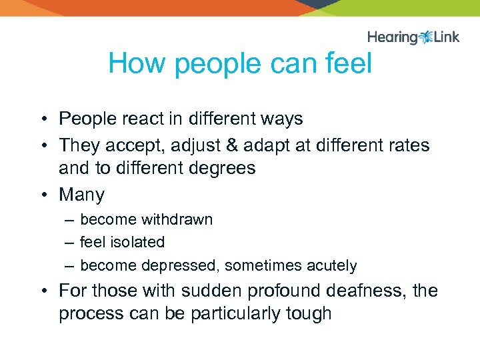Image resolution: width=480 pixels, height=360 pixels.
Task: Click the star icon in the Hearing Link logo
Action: tap(426, 37)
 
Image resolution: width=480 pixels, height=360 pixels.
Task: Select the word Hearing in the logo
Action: tap(393, 37)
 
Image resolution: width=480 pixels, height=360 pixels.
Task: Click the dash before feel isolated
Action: tap(69, 243)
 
